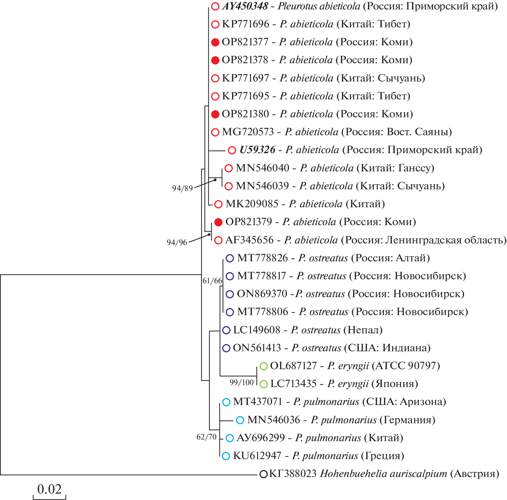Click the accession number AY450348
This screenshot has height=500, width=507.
coord(245,6)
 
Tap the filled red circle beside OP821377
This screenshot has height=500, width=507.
coord(215,42)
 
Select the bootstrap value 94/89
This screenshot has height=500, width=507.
coord(182,188)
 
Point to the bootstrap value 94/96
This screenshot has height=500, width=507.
coord(177,242)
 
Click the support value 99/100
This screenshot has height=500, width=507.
coord(241,382)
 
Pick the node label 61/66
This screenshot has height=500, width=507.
coord(212,281)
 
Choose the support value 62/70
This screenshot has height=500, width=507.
coord(206,437)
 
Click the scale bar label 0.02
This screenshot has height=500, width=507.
coord(49,489)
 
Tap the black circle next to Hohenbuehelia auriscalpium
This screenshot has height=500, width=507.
coord(263,474)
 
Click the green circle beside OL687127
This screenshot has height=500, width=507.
coord(264,366)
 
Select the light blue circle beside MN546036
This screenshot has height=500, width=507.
coord(240,420)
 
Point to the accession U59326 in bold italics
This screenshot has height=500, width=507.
coord(257,150)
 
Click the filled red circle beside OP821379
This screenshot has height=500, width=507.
coord(218,222)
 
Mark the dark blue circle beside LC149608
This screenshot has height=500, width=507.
coord(226,330)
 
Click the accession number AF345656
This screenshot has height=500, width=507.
coord(249,240)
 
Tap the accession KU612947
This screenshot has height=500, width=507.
coord(257,456)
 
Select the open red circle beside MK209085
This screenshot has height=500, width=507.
coord(218,204)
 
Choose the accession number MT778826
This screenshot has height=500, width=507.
coord(262,258)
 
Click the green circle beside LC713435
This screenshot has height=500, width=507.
coord(264,384)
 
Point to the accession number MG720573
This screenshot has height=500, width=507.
coord(248,132)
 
